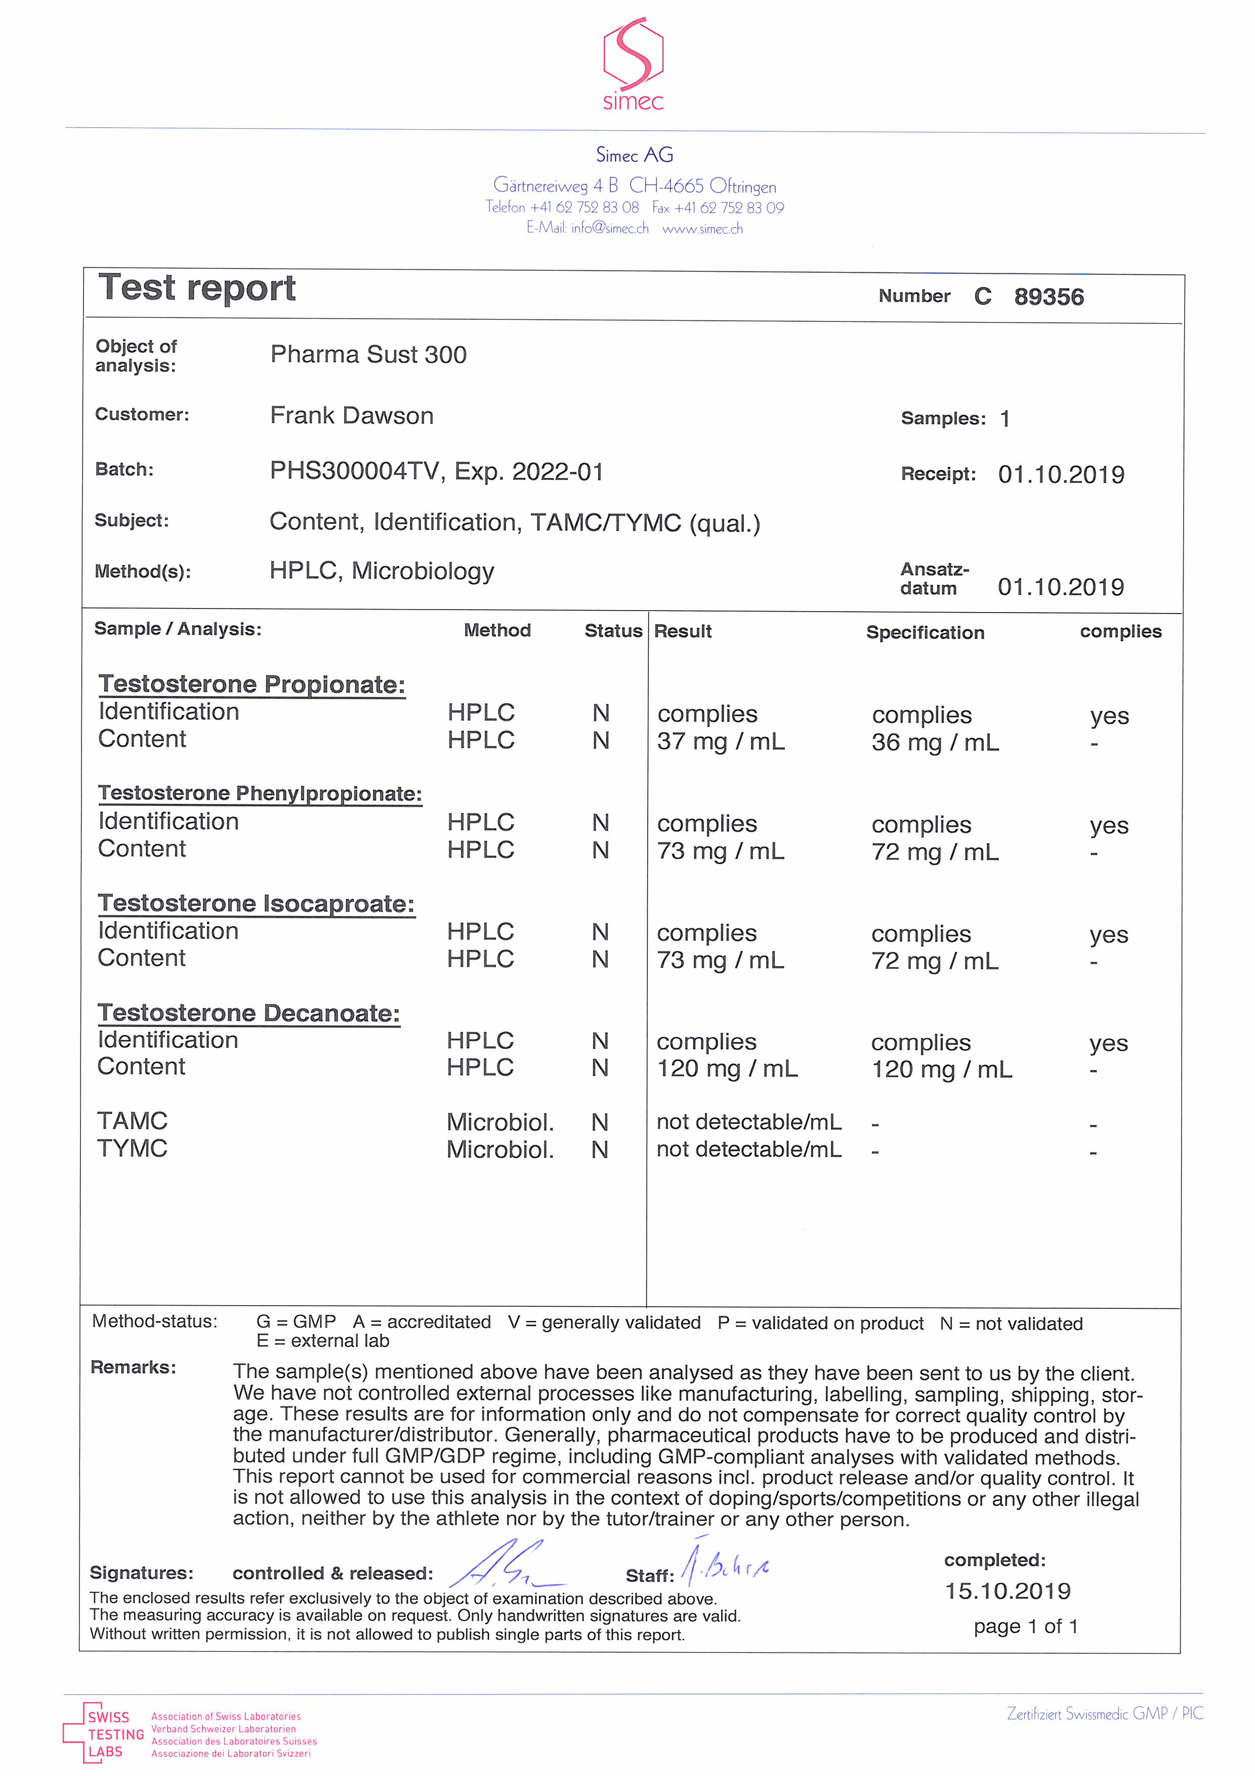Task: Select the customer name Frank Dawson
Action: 352,416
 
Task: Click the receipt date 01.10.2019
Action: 1061,474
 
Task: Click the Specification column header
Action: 925,633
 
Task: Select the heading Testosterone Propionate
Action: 252,684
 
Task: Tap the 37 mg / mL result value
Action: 721,742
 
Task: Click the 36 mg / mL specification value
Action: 935,743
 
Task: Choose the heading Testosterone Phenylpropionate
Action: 260,794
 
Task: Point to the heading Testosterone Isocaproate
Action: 256,904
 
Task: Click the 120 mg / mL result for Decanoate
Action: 727,1069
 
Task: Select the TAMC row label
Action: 132,1121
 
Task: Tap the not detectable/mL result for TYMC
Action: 748,1149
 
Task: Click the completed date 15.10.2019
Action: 1008,1591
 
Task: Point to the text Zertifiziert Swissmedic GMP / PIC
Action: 1104,1713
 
